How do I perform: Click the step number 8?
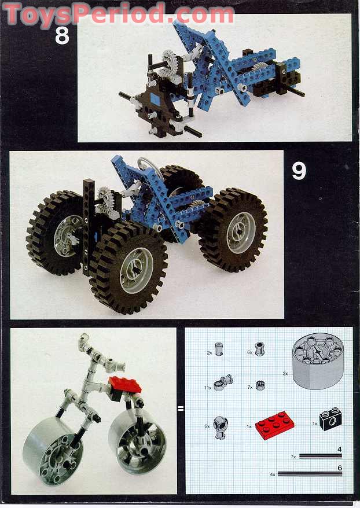click(x=62, y=35)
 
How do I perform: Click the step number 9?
click(x=298, y=171)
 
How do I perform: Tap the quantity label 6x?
click(x=249, y=351)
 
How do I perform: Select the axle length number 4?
click(x=339, y=448)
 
